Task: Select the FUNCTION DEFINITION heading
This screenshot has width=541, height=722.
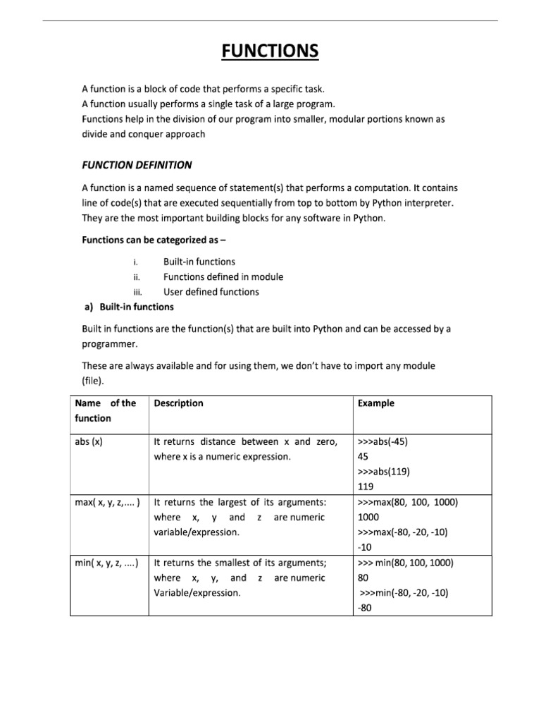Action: pos(137,165)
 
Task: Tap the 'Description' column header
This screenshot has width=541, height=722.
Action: pos(178,403)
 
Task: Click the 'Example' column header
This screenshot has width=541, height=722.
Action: pos(376,403)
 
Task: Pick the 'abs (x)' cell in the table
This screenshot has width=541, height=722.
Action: pos(89,442)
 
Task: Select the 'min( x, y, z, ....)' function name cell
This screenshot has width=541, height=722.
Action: pos(106,563)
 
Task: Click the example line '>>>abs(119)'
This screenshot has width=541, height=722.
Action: pos(384,472)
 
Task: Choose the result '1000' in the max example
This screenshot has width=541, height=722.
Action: pos(369,518)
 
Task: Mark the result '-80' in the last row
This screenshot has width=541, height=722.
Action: pos(365,608)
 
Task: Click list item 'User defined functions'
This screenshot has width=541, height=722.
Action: pos(211,292)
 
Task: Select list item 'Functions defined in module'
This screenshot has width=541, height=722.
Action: pos(223,277)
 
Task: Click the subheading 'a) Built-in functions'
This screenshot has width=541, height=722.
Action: pos(129,307)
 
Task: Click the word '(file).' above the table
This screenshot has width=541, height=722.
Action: pos(93,381)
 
